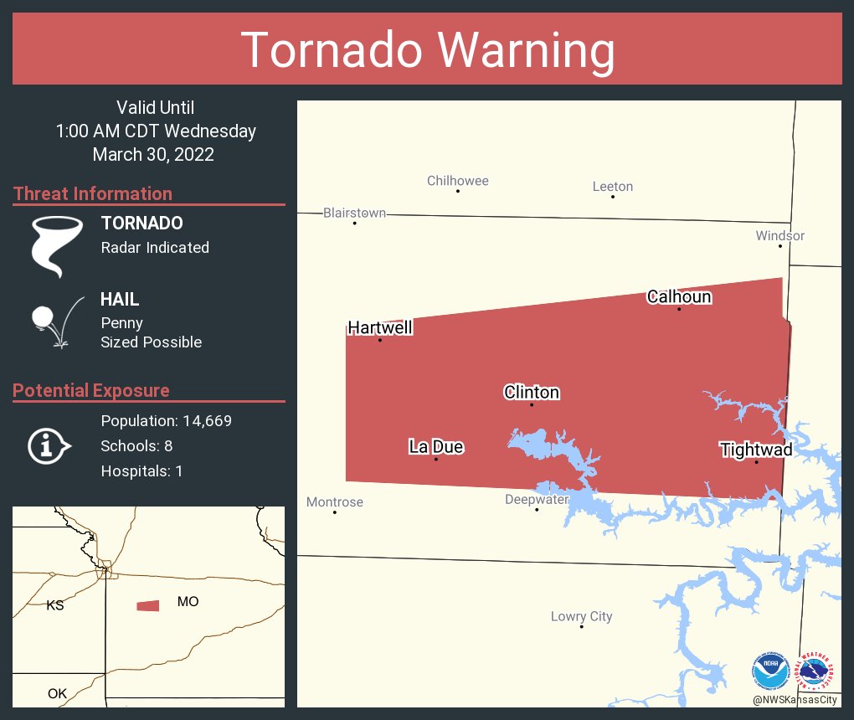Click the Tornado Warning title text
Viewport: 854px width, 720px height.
click(427, 50)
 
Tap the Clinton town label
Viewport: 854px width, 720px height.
click(531, 392)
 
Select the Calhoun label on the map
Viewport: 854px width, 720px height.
click(678, 296)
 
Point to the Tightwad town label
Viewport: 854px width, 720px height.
click(756, 450)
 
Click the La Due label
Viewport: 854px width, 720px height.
click(435, 446)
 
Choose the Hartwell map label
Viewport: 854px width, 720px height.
click(379, 327)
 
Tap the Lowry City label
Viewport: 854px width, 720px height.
click(581, 616)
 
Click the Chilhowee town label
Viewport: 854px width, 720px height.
click(457, 181)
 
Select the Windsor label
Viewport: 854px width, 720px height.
click(779, 235)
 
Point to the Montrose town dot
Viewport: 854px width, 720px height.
click(335, 512)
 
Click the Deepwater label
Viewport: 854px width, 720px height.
click(537, 499)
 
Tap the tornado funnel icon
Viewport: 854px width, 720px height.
click(56, 245)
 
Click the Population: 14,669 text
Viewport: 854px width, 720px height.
click(166, 420)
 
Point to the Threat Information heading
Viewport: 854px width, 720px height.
click(92, 193)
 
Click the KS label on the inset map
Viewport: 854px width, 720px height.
click(54, 604)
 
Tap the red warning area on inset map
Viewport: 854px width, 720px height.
click(148, 605)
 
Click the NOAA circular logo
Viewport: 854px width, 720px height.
click(770, 671)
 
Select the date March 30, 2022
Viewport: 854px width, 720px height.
click(153, 154)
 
